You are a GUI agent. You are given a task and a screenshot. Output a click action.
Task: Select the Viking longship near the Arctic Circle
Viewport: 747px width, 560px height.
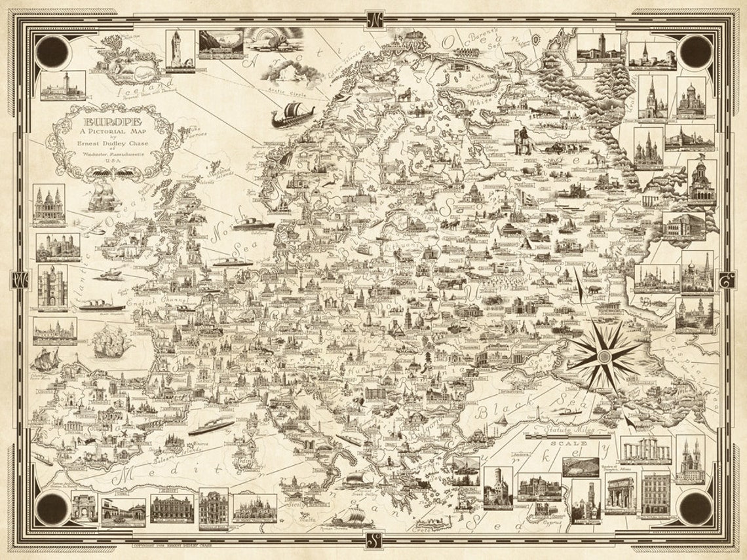(x=292, y=115)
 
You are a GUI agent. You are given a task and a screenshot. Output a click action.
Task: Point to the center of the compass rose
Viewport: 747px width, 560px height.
(x=604, y=356)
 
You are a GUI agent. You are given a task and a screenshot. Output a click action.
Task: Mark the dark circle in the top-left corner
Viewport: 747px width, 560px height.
(x=51, y=51)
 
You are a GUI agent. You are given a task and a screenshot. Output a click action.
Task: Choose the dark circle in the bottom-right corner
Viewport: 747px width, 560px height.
(x=695, y=508)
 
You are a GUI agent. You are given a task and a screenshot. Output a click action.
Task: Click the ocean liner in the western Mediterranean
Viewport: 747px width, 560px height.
(x=211, y=427)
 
